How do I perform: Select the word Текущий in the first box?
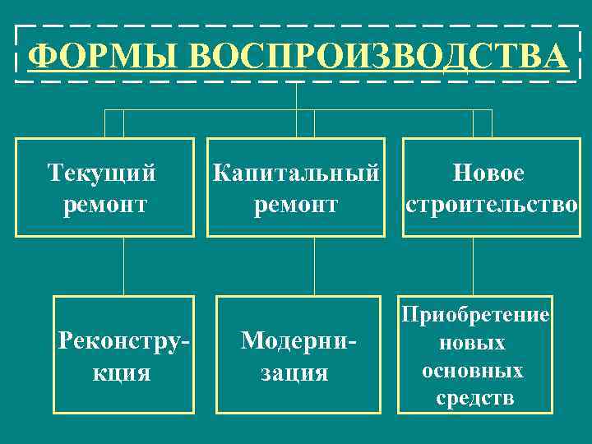102,173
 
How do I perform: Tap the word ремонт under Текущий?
104,204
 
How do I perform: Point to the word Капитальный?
296,173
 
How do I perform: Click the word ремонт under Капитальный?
296,204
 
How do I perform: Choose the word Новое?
488,173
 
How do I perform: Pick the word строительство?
491,204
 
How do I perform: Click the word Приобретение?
474,316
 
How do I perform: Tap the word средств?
474,399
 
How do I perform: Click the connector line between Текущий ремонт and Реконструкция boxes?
124,266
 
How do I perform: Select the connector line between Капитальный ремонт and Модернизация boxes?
314,266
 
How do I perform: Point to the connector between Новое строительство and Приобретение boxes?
473,266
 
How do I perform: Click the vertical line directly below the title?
296,95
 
